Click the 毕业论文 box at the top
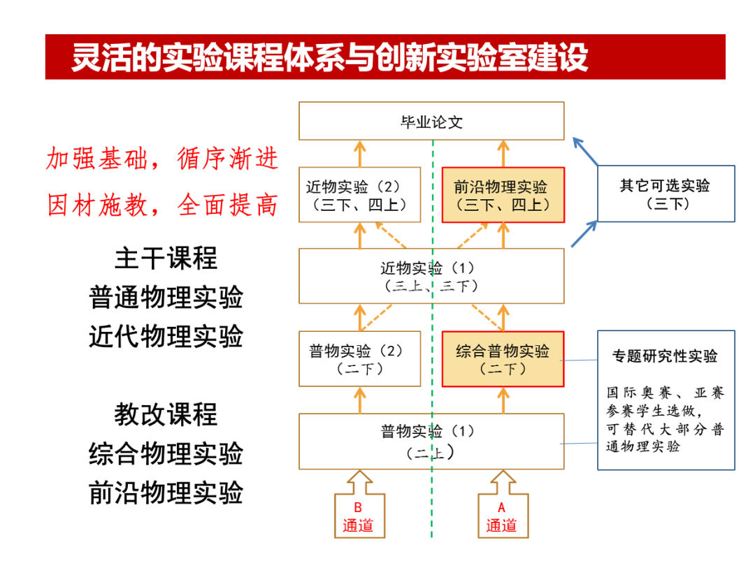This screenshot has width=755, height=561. coord(431,121)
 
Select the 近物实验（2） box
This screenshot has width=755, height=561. coord(359,195)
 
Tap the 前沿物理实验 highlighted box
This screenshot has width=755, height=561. coord(503,195)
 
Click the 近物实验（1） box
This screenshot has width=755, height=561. coord(431,276)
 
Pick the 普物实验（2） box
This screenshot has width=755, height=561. coord(359,359)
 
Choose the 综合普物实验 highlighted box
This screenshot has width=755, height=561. coord(503,359)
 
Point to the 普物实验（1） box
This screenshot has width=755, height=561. coord(431,441)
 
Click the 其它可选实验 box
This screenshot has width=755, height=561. coord(665,194)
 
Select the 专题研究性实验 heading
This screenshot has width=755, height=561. coord(665,356)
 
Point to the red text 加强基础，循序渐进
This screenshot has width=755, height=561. coord(162,159)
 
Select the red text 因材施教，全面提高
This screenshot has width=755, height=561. coord(162,205)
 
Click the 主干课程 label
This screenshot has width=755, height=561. coord(166,258)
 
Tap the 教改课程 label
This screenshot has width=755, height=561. coord(166,414)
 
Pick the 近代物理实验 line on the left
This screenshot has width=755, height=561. coord(166,337)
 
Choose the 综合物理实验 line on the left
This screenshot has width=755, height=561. coord(166,453)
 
